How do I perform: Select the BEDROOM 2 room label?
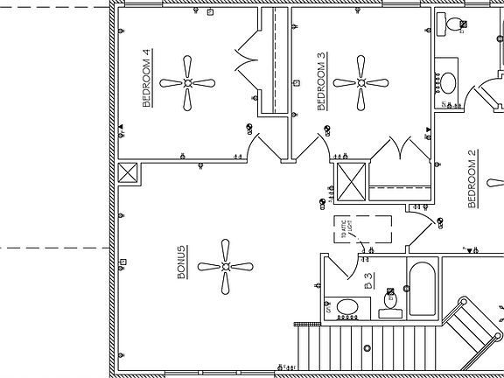click(472, 180)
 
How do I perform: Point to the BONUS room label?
click(181, 262)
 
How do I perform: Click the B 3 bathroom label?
click(368, 281)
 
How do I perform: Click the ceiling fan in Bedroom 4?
click(188, 82)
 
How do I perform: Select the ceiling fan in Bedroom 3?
click(360, 82)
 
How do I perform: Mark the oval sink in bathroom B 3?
click(347, 308)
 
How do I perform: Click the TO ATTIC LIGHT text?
click(346, 229)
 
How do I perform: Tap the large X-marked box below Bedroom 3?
click(352, 181)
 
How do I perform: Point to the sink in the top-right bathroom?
click(447, 83)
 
